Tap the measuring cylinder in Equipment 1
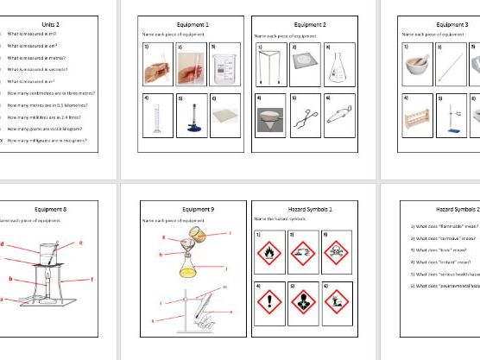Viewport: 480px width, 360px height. click(x=155, y=117)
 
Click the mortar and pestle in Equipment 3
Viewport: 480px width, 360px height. click(x=416, y=65)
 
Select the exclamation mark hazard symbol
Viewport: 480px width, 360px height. click(x=270, y=306)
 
